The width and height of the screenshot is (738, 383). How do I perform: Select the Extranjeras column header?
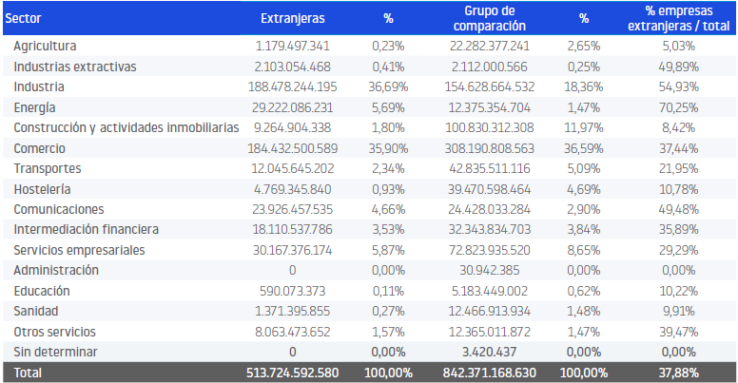292,18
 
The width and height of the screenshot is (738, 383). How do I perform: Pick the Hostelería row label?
42,189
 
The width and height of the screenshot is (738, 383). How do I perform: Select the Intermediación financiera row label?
86,230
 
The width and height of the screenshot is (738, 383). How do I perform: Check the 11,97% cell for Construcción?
584,127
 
